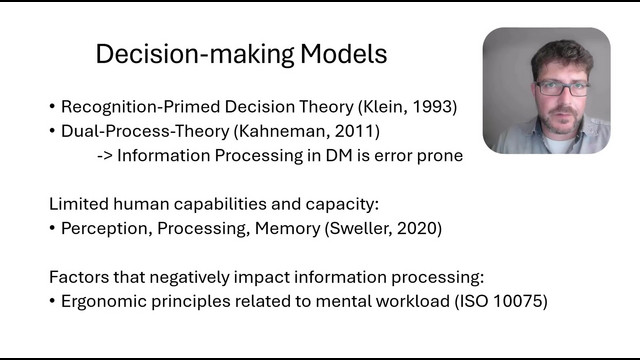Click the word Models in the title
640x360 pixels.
(343, 54)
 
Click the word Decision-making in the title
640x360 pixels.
(195, 55)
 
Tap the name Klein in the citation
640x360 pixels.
(382, 107)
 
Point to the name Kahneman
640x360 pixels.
(282, 131)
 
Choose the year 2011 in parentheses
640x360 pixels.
(354, 131)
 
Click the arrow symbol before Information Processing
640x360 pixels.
(105, 156)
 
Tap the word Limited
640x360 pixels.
(78, 204)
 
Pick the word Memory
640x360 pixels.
(288, 229)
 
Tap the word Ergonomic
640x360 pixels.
(103, 302)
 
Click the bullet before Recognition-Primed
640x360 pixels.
(52, 107)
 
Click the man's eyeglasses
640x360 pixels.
(562, 89)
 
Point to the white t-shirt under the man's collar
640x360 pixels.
(558, 145)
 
